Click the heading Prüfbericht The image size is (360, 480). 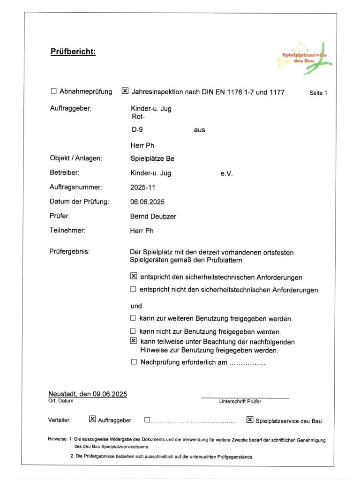(73, 52)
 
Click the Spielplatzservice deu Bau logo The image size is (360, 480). (305, 58)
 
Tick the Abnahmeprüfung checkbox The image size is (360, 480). (53, 91)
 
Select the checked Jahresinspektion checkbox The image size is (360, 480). (125, 91)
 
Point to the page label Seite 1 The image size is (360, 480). (318, 93)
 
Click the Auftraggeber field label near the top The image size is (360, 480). (70, 108)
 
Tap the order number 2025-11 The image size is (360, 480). (142, 187)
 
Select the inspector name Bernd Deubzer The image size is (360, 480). (153, 217)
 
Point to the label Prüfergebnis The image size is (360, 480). (69, 252)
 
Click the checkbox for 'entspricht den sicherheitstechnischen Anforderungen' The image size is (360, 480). (134, 277)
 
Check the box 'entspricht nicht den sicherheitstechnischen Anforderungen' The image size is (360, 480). (134, 290)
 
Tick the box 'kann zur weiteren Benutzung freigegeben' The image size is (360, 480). (134, 319)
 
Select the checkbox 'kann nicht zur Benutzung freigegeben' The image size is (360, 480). (134, 331)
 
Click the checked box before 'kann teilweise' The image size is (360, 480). (134, 341)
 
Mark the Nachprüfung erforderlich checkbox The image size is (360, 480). (134, 362)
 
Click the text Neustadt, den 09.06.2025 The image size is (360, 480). (88, 394)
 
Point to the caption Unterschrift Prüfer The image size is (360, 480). (240, 401)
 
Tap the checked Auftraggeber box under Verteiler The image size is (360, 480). (92, 420)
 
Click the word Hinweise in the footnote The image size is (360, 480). (57, 440)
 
